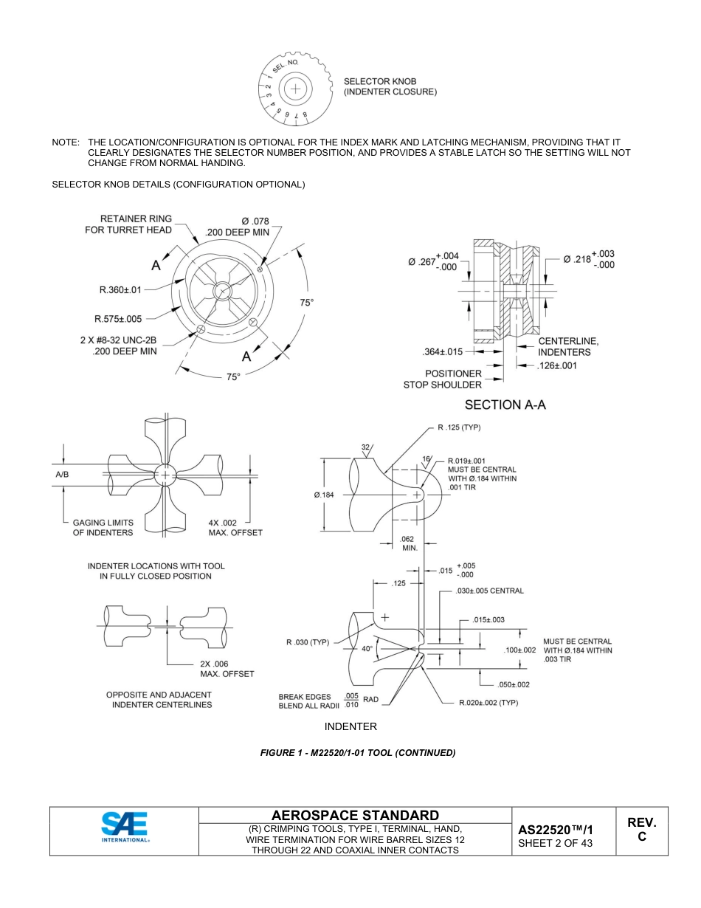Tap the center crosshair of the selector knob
pyautogui.click(x=295, y=89)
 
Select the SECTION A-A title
pyautogui.click(x=505, y=405)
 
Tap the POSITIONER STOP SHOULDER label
pyautogui.click(x=443, y=379)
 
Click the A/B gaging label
pyautogui.click(x=62, y=475)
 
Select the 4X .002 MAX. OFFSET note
pyautogui.click(x=235, y=527)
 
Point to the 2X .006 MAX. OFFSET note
pyautogui.click(x=227, y=668)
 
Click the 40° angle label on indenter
pyautogui.click(x=367, y=649)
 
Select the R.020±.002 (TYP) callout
pyautogui.click(x=488, y=702)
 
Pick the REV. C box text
pyautogui.click(x=641, y=829)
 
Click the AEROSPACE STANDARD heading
pyautogui.click(x=355, y=815)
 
